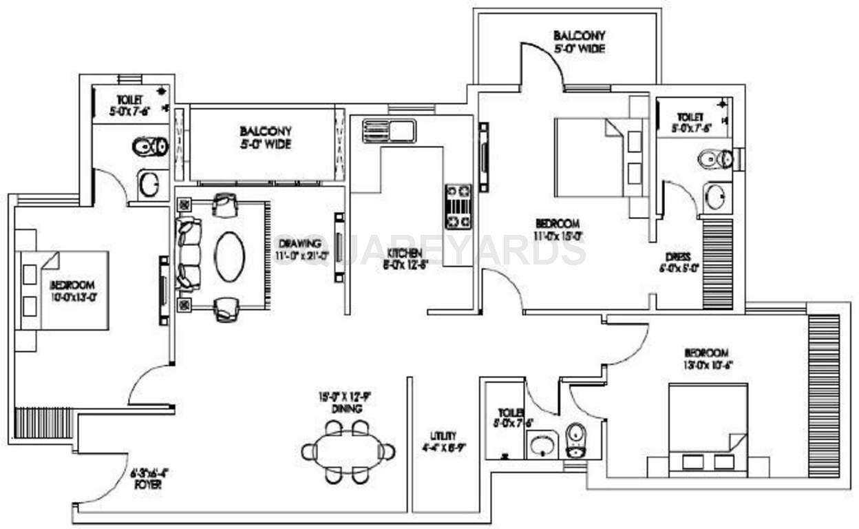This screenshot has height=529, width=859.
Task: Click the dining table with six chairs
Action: pos(348,452)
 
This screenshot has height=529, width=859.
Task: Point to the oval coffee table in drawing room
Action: pos(229,256)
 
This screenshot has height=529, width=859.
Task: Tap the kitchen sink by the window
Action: pos(389,130)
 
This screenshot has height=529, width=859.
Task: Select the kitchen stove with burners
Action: pos(458,205)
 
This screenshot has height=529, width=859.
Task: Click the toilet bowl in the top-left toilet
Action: pos(149,146)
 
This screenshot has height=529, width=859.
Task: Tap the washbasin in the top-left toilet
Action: pos(149,185)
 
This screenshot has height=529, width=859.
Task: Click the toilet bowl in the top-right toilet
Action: pos(715,159)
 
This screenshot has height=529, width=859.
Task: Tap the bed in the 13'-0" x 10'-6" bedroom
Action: pos(708,429)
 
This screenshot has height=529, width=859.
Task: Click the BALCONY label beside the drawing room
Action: pos(265,136)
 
